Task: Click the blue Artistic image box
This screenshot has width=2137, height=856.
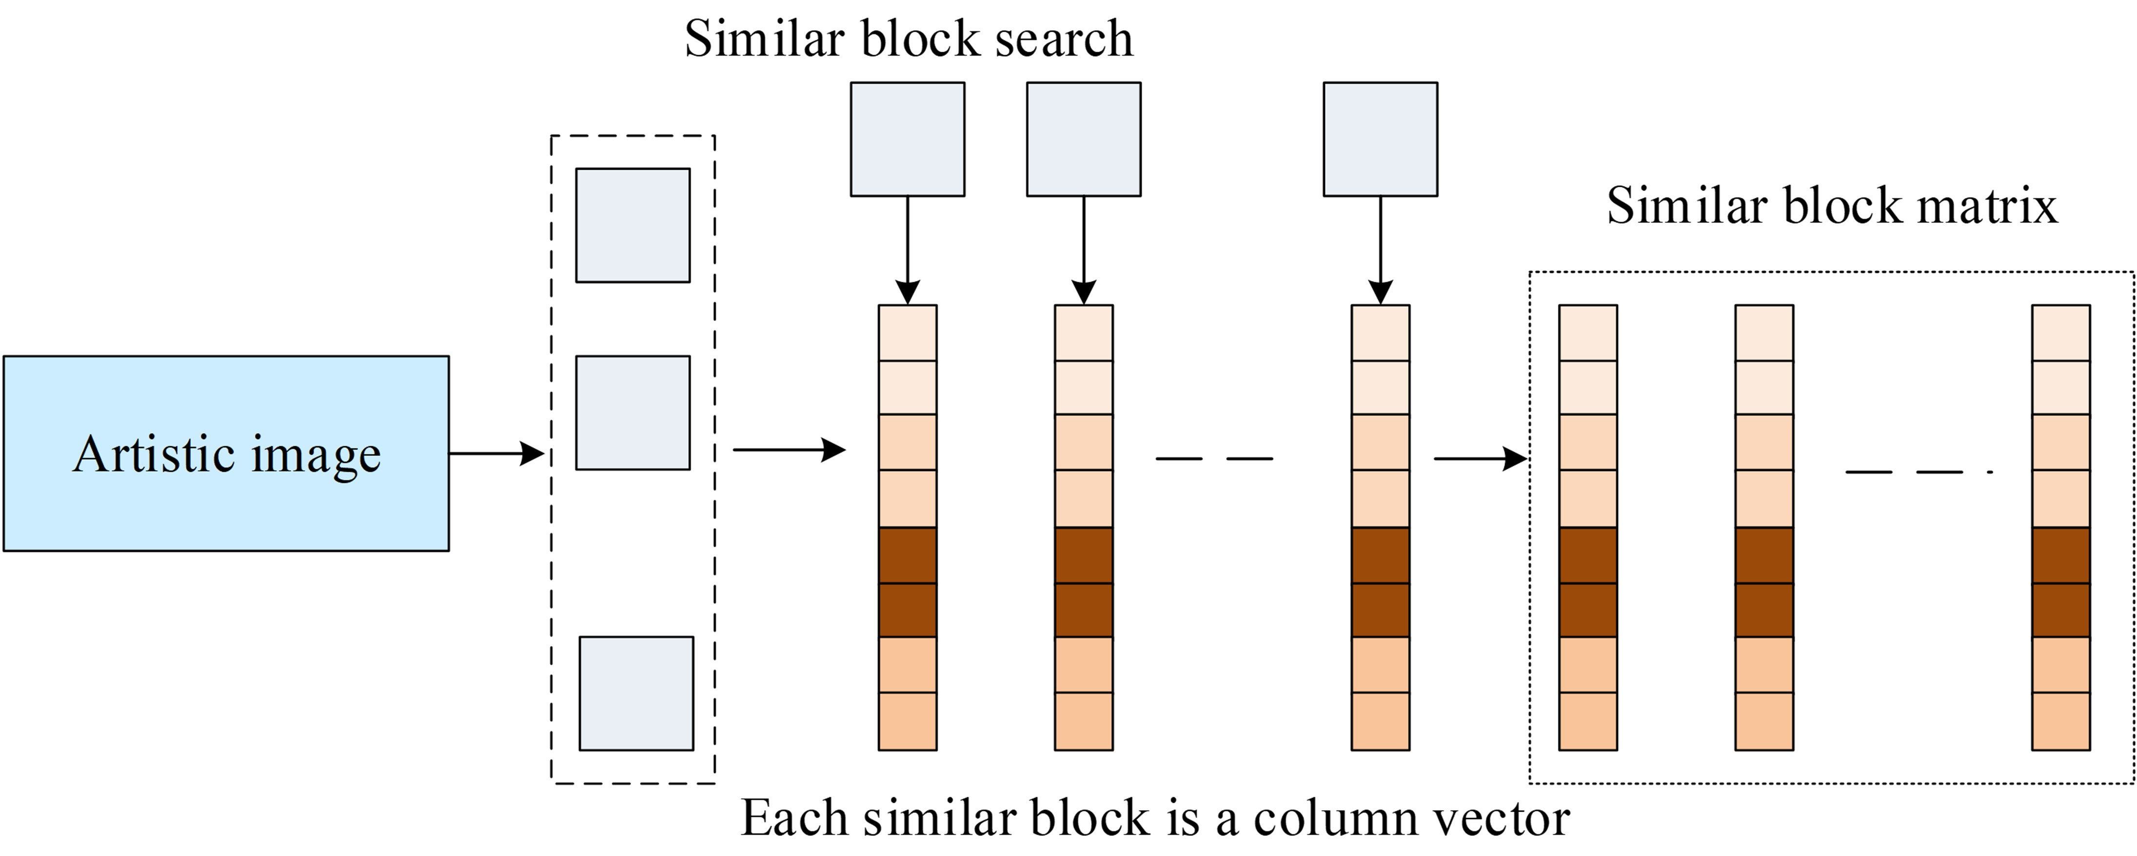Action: (x=226, y=453)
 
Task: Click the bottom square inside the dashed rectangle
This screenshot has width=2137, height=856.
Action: (x=635, y=694)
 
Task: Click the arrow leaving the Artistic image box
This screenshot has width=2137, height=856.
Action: (x=496, y=453)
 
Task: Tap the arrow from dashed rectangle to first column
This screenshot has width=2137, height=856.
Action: (x=788, y=450)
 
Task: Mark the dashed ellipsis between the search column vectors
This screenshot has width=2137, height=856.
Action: (x=1214, y=458)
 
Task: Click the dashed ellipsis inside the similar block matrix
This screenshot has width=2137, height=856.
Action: (x=1917, y=472)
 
